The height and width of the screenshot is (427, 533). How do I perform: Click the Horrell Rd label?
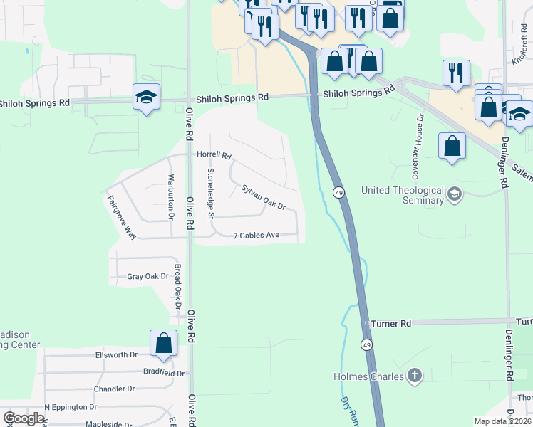tap(214, 155)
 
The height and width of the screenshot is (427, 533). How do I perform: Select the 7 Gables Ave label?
tap(256, 236)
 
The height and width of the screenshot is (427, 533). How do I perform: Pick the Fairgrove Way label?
tap(122, 216)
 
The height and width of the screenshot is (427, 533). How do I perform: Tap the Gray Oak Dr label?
tap(147, 276)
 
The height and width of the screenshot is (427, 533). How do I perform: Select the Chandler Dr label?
tap(114, 389)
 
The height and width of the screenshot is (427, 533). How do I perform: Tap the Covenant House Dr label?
tap(418, 146)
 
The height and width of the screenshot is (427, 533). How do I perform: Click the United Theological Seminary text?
tap(403, 195)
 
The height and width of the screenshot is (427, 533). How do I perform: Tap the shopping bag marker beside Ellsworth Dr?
tap(164, 342)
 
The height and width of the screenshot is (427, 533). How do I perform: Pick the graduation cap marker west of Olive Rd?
tap(146, 97)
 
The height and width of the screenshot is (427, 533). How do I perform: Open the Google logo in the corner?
tap(24, 418)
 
